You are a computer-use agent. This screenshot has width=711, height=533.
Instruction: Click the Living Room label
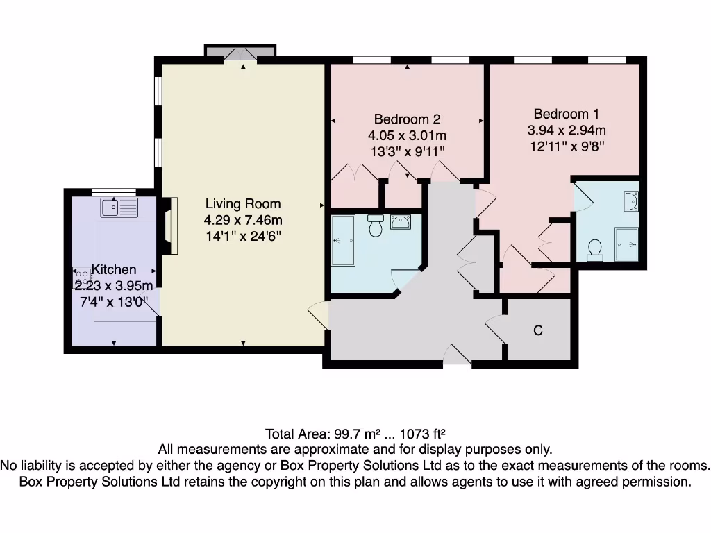[x=243, y=203]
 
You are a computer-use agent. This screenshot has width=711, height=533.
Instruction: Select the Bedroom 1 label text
[x=567, y=114]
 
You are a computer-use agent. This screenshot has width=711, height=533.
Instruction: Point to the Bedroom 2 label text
[x=407, y=119]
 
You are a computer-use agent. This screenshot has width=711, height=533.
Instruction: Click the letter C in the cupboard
[x=537, y=331]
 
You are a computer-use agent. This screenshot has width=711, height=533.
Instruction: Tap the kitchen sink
[x=119, y=206]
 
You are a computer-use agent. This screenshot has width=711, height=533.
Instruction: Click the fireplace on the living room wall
[x=170, y=226]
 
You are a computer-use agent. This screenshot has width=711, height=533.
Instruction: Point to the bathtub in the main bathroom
[x=343, y=240]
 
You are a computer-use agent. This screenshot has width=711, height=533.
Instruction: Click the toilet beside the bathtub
[x=376, y=226]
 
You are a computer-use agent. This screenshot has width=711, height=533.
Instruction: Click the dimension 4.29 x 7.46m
[x=243, y=220]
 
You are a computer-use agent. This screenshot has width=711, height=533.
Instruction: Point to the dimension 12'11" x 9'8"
[x=567, y=146]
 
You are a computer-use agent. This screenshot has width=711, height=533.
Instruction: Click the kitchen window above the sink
[x=113, y=191]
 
